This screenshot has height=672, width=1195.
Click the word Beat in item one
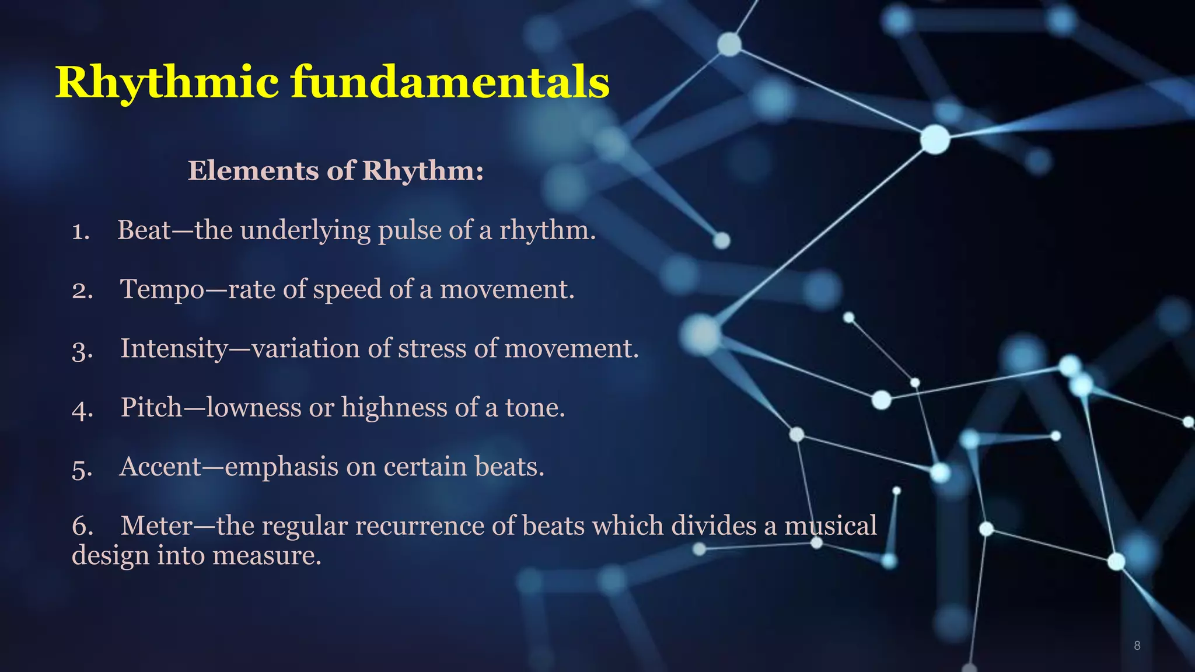click(x=144, y=230)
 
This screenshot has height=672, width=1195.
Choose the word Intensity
click(x=174, y=349)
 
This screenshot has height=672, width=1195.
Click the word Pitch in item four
click(x=151, y=407)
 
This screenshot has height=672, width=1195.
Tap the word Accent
click(x=160, y=467)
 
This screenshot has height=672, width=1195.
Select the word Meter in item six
click(x=156, y=526)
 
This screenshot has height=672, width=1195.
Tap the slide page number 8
click(x=1137, y=645)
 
